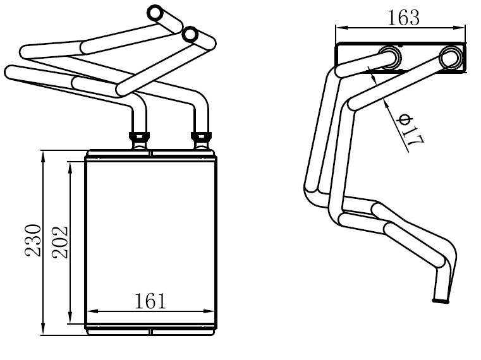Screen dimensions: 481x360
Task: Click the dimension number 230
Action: [33, 241]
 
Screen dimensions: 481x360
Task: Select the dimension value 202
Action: [60, 243]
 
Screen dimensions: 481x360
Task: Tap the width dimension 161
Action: [150, 301]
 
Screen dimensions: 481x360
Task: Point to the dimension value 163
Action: [403, 18]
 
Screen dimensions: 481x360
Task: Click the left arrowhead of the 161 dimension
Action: [93, 311]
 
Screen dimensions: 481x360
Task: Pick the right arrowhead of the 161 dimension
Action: [209, 311]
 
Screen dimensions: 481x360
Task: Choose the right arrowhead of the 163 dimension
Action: [460, 28]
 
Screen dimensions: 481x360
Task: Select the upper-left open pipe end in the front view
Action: [155, 13]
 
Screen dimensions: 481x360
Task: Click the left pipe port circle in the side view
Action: [390, 57]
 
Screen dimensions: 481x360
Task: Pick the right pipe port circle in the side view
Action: [451, 57]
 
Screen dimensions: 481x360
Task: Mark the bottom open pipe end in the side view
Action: [441, 301]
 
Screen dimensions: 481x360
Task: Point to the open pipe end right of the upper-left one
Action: [190, 34]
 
